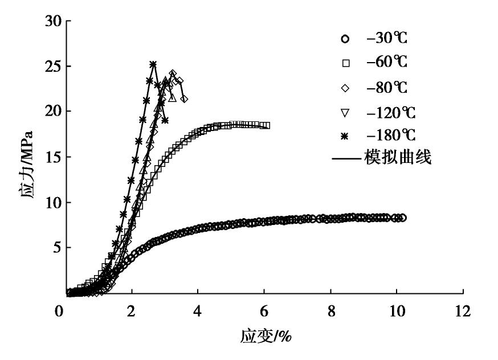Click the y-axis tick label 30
[x=55, y=21]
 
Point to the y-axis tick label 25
[x=55, y=66]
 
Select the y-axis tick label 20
[x=55, y=112]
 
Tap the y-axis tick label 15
[x=55, y=157]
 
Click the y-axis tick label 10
[x=55, y=203]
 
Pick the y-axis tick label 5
[x=59, y=248]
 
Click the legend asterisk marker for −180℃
[x=345, y=135]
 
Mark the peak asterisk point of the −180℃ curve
[x=153, y=64]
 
